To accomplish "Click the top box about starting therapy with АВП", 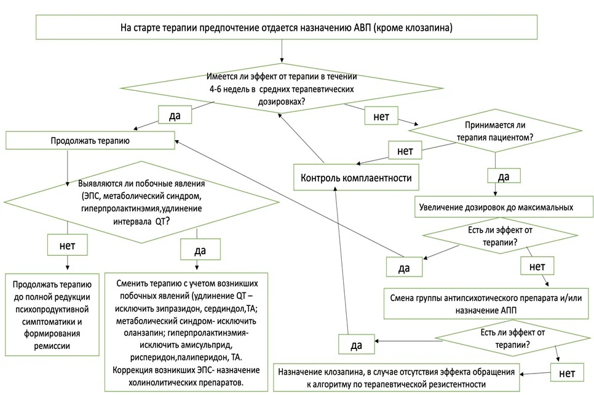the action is click(287, 27).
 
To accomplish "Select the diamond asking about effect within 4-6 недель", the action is click(282, 88).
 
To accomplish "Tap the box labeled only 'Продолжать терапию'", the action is click(90, 140).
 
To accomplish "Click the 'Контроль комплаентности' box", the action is click(356, 177).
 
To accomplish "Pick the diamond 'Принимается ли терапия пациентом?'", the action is click(495, 131).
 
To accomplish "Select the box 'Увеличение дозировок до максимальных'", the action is click(504, 207).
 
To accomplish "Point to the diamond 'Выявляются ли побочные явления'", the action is click(141, 202).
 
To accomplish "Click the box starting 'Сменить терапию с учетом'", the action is click(186, 332).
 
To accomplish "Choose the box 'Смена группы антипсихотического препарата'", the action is click(486, 304).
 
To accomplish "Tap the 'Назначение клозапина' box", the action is click(396, 378).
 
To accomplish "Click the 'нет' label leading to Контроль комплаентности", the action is click(405, 151).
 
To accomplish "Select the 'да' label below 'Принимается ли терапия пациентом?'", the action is click(504, 176).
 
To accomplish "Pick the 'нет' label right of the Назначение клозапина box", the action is click(567, 373).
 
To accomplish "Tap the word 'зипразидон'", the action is click(180, 309).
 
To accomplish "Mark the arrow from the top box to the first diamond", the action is click(282, 51).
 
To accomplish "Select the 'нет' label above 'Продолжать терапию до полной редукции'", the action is click(68, 246).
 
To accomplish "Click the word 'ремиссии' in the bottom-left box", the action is click(52, 346).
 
